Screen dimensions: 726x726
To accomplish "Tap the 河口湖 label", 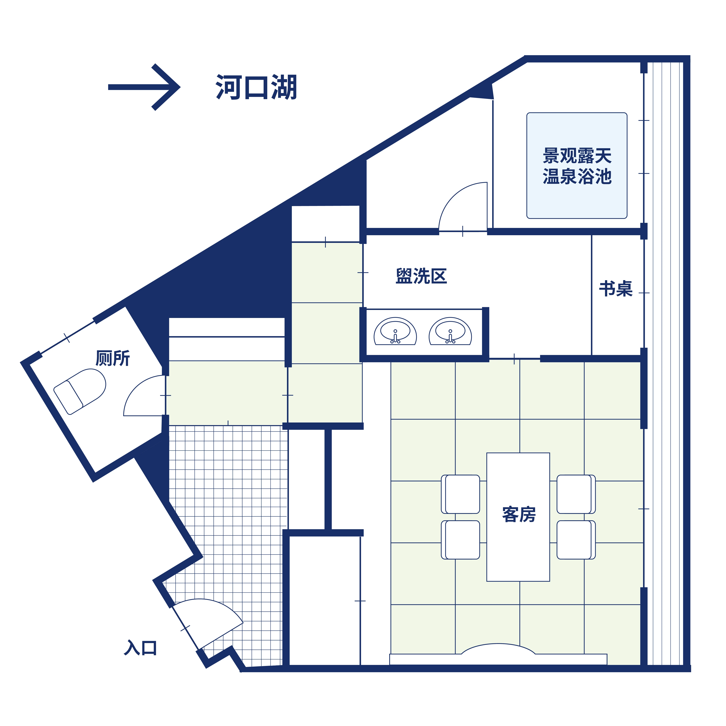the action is pos(256,87).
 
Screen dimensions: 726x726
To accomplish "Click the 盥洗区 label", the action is pos(421,276).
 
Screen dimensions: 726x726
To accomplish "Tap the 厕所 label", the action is pos(113,358).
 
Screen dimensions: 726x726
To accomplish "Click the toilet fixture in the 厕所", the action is pos(80,391).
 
